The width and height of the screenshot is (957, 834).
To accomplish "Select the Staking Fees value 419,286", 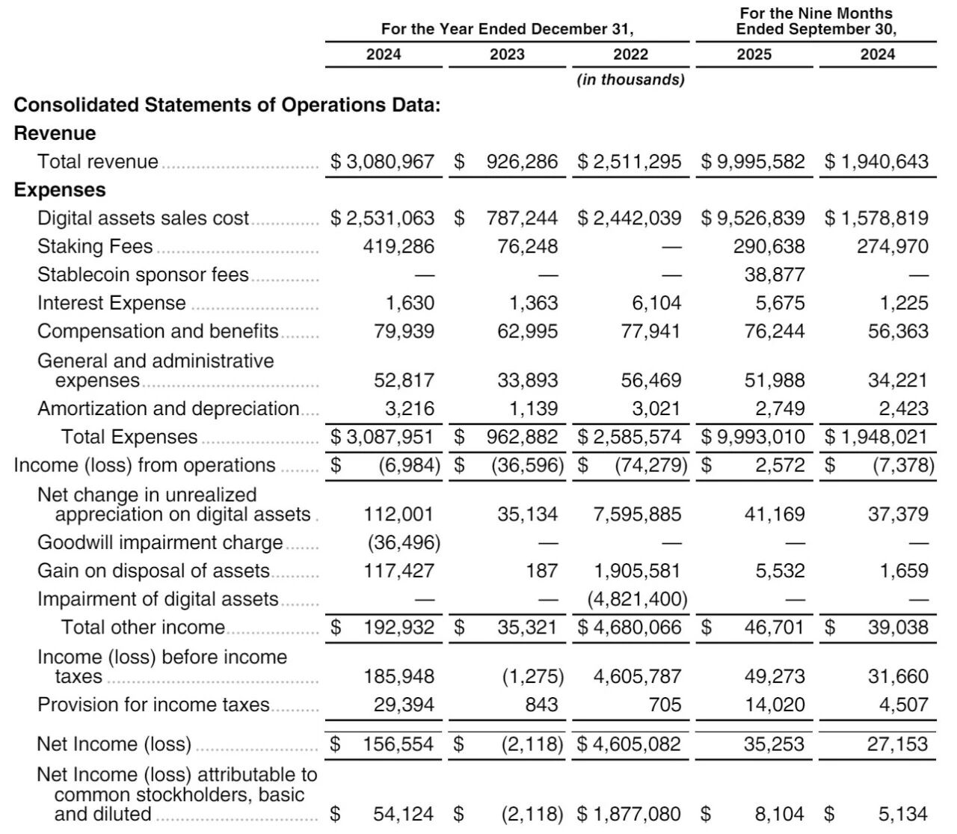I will (x=399, y=247).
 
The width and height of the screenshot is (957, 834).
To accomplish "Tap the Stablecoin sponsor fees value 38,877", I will (x=775, y=275).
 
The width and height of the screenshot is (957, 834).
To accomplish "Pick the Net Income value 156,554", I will (x=398, y=744).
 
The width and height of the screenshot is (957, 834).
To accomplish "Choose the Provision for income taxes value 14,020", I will (x=775, y=705).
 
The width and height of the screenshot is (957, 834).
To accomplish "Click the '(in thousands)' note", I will (x=630, y=80).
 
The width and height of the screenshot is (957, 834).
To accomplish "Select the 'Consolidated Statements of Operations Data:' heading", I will (x=227, y=105).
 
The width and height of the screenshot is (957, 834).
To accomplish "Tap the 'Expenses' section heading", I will (x=60, y=190).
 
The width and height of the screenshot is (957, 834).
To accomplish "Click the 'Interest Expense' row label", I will (x=111, y=303).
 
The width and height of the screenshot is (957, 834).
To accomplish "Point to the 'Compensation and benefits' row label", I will (x=158, y=331).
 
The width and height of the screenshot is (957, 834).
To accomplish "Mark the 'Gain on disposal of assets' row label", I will (x=153, y=571).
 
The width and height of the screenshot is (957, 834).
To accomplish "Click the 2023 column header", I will (x=507, y=55).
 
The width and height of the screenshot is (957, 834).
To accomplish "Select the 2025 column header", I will (x=754, y=55).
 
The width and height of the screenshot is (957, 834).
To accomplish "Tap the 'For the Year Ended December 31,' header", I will (x=507, y=29).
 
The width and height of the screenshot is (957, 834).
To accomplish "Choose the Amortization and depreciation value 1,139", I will (x=528, y=408).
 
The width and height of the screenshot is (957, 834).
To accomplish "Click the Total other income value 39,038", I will (x=898, y=628).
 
